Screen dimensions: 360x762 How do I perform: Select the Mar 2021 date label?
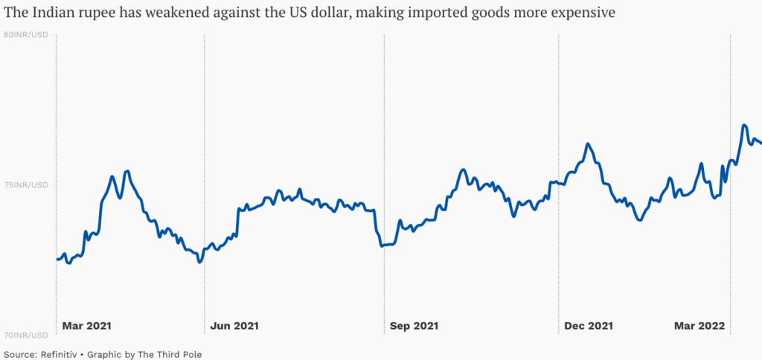point(87,325)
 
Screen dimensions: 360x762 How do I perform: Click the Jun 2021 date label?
point(235,325)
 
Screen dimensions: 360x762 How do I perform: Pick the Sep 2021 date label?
point(414,325)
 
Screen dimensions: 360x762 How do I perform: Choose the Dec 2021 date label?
point(589,325)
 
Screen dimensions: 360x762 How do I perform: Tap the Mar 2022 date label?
point(699,325)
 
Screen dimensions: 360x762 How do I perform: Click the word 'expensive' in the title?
point(582,14)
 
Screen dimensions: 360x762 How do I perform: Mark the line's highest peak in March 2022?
point(744,126)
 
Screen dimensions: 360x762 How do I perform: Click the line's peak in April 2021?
point(127,172)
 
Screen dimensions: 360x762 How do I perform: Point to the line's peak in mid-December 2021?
point(588,144)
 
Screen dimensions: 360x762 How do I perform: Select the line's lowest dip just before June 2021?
point(199,262)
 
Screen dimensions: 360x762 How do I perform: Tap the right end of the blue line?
point(761,144)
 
